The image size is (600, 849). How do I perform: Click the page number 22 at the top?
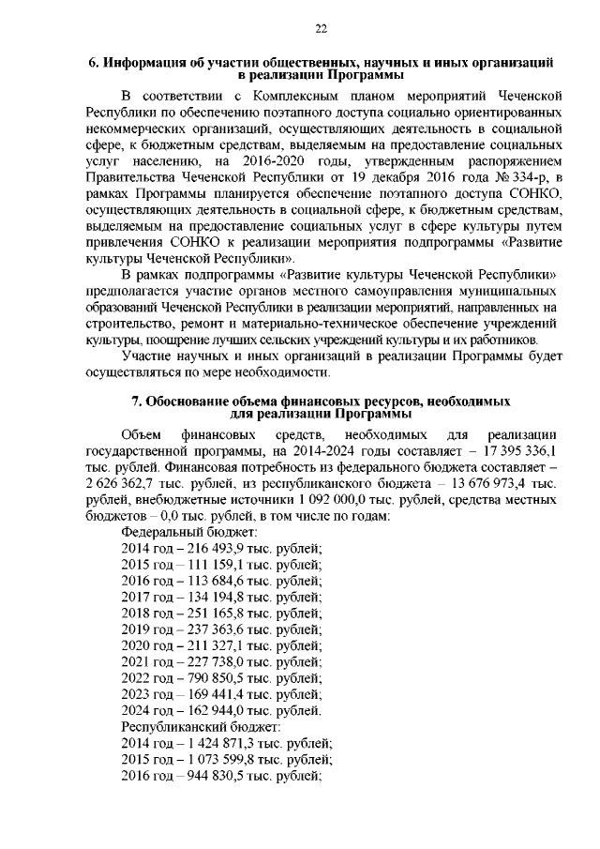320,29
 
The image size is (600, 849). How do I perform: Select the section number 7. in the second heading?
137,402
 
